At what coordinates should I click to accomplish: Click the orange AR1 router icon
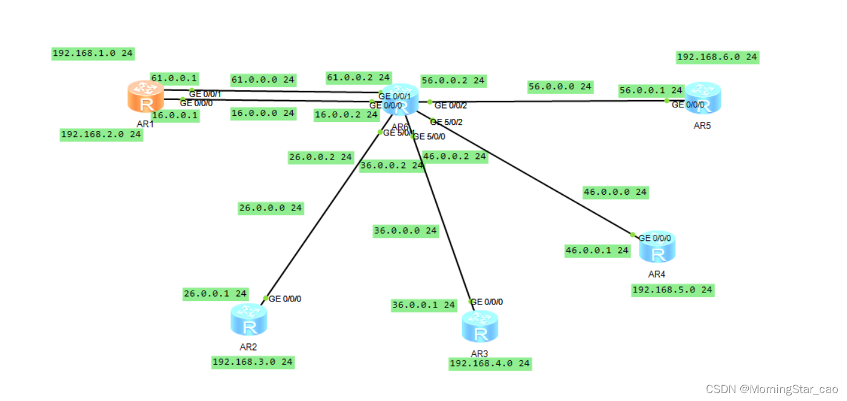[x=146, y=96]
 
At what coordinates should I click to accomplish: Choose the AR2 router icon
[x=249, y=320]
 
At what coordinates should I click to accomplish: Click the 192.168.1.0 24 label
[x=93, y=53]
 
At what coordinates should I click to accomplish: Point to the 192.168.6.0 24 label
[x=717, y=57]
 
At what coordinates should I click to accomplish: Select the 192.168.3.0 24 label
[x=253, y=362]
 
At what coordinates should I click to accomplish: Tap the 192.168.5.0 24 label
[x=672, y=290]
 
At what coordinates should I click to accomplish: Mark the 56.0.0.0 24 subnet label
[x=560, y=87]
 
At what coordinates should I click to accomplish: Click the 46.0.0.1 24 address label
[x=597, y=250]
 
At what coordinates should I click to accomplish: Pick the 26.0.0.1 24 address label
[x=215, y=294]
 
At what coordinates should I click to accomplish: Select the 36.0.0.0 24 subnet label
[x=405, y=231]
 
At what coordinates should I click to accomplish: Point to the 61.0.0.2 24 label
[x=358, y=78]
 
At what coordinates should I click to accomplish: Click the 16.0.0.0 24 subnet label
[x=263, y=113]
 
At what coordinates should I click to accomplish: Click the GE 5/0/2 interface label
[x=449, y=122]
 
